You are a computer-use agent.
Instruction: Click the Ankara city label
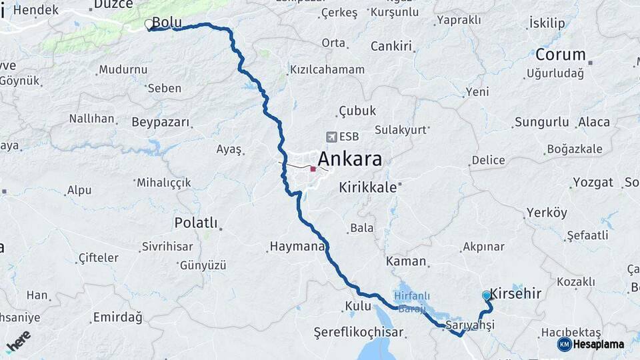(x=350, y=159)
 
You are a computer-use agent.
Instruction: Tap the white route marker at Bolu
(x=148, y=25)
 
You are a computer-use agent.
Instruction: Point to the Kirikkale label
(x=367, y=187)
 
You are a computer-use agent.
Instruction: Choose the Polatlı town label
(x=196, y=222)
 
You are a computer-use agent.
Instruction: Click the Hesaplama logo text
(x=598, y=345)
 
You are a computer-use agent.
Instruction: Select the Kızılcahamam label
(x=327, y=69)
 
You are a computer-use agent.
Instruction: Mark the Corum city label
(x=560, y=55)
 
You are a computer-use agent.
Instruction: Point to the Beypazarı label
(x=161, y=123)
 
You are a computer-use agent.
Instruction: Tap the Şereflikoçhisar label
(x=359, y=331)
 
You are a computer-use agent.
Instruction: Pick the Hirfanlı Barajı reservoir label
(x=412, y=302)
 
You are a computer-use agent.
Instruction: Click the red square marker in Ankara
(x=313, y=169)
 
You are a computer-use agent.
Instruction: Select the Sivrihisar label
(x=167, y=247)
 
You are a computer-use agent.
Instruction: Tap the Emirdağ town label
(x=117, y=317)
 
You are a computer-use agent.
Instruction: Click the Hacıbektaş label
(x=571, y=332)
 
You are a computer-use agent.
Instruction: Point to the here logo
(x=18, y=341)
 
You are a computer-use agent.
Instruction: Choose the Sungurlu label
(x=541, y=122)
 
